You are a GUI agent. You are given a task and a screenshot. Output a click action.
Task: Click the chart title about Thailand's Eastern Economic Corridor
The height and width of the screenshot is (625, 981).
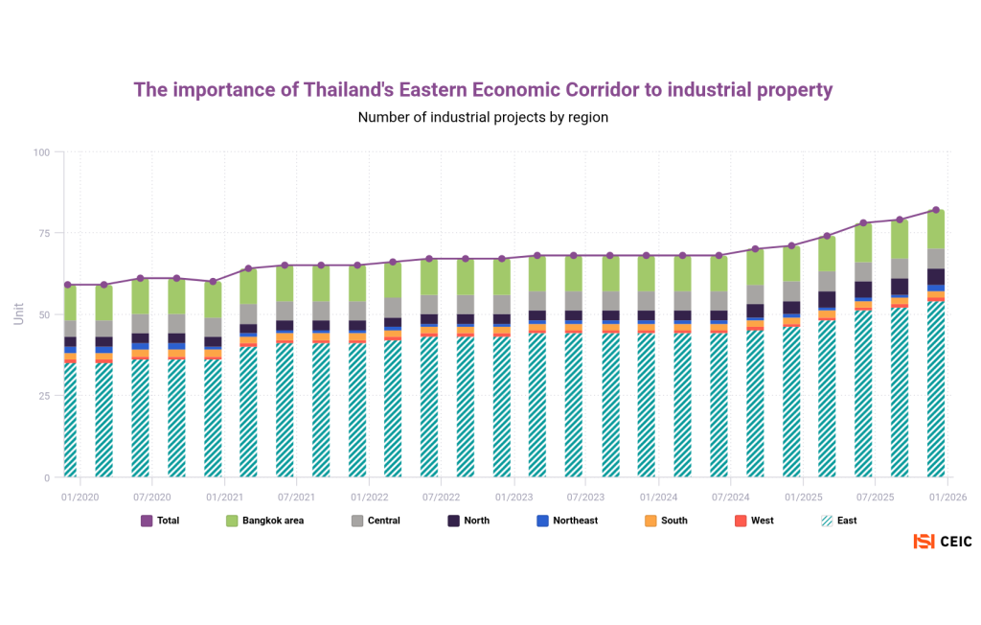click(x=483, y=90)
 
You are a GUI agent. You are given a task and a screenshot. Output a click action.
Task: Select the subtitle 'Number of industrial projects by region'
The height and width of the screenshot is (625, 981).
click(x=483, y=117)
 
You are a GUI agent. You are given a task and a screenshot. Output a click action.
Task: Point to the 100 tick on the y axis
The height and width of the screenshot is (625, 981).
click(x=41, y=152)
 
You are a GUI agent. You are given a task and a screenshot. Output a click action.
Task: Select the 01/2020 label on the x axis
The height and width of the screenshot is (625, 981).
click(x=80, y=498)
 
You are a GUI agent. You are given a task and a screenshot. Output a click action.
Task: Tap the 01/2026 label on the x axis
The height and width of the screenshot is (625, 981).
click(x=947, y=498)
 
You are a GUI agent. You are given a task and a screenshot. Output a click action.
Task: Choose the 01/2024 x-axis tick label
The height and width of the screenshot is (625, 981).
click(x=658, y=498)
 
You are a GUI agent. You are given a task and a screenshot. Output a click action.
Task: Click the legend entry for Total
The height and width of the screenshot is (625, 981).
click(x=160, y=521)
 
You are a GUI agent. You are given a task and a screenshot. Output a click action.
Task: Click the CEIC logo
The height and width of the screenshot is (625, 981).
click(x=943, y=542)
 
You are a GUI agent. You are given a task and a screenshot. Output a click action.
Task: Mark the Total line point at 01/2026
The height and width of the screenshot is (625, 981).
click(x=936, y=210)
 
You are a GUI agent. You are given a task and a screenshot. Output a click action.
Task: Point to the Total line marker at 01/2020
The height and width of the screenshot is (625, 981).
click(x=68, y=285)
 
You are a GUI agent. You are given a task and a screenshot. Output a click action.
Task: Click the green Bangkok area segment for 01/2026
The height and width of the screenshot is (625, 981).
click(x=936, y=230)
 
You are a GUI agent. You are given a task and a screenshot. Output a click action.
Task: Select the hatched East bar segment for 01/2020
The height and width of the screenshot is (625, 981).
click(x=70, y=420)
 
